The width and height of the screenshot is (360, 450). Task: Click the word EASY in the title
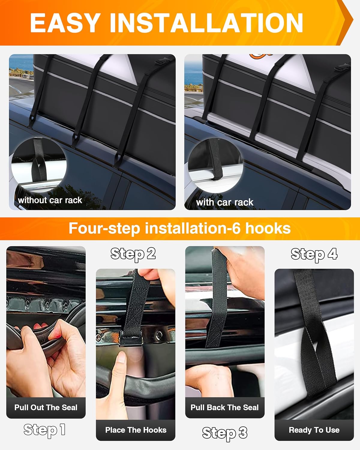[x=65, y=23]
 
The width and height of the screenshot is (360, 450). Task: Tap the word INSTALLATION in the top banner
[x=206, y=23]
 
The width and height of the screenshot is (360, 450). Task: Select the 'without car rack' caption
[x=50, y=200]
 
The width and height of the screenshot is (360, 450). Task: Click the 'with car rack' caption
[x=224, y=202]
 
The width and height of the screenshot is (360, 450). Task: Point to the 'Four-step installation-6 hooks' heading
[x=179, y=228]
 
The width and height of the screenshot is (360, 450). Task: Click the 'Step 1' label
[x=44, y=430]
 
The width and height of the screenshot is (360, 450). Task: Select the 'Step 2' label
[x=133, y=254]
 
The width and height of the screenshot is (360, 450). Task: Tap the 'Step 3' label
[x=224, y=433]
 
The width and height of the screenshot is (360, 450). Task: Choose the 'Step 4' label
[x=314, y=254]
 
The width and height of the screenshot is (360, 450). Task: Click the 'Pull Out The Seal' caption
[x=46, y=407]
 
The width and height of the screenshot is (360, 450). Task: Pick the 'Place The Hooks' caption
[x=136, y=430]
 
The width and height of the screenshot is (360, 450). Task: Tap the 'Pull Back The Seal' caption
[x=224, y=407]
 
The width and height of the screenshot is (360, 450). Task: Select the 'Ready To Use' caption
[x=314, y=430]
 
